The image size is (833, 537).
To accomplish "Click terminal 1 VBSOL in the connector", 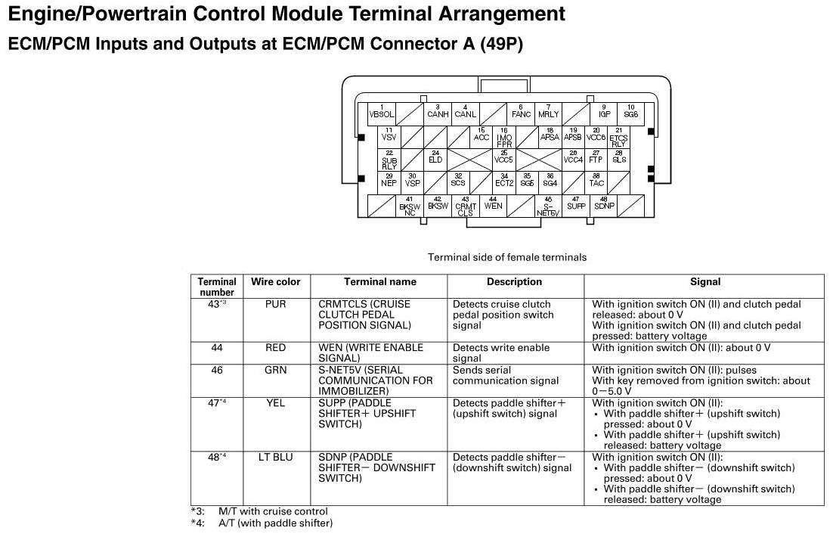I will pyautogui.click(x=382, y=112).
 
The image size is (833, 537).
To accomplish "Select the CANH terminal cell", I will pyautogui.click(x=438, y=112).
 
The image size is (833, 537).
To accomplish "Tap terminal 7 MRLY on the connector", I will pyautogui.click(x=548, y=112).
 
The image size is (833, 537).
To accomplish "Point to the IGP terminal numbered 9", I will pyautogui.click(x=604, y=112).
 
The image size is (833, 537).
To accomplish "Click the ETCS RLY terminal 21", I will pyautogui.click(x=618, y=137).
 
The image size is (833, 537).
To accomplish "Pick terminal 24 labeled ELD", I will pyautogui.click(x=435, y=158).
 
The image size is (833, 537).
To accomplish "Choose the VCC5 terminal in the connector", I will pyautogui.click(x=503, y=158).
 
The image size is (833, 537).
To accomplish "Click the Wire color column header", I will pyautogui.click(x=275, y=281).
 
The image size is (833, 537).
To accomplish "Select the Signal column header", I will pyautogui.click(x=704, y=281).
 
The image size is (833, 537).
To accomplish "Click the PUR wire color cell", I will pyautogui.click(x=275, y=304).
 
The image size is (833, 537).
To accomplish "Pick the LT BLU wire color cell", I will pyautogui.click(x=275, y=457).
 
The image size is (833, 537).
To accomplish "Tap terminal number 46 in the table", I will pyautogui.click(x=217, y=370).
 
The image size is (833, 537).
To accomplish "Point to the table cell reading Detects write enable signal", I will pyautogui.click(x=500, y=352).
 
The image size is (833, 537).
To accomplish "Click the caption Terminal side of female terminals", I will pyautogui.click(x=507, y=257).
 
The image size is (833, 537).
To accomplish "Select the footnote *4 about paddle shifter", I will pyautogui.click(x=262, y=523).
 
